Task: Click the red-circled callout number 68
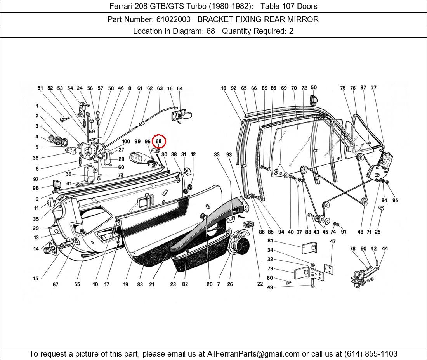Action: coord(158,142)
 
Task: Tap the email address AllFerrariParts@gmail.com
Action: coord(253,354)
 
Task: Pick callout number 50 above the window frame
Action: coord(314,88)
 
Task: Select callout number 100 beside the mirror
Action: coord(126,142)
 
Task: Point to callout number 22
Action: coord(260,284)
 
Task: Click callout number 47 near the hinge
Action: coord(333,241)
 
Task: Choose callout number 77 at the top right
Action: coord(373,88)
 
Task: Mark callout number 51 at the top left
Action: coord(40,88)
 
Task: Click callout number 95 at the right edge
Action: coord(395,200)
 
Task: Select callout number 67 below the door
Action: coord(56,284)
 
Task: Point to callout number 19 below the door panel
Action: coord(126,284)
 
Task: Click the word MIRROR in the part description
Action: coord(304,19)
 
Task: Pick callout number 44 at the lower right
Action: coord(385,249)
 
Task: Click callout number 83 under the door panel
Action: coord(140,284)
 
